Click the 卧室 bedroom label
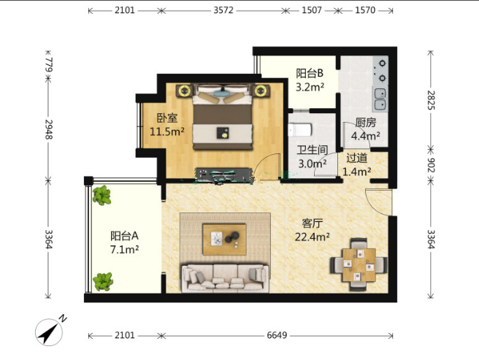(x=167, y=118)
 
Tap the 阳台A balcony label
(x=125, y=236)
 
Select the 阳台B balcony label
(x=310, y=73)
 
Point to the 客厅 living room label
(x=312, y=223)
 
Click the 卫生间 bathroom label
(x=313, y=150)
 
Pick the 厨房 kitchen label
(x=366, y=123)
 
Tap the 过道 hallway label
(x=357, y=158)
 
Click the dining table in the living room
(x=359, y=264)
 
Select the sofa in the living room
(x=226, y=278)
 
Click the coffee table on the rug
(x=225, y=240)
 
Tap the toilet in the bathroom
(x=299, y=130)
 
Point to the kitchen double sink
(x=380, y=99)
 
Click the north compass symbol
(x=50, y=331)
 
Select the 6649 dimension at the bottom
(x=277, y=336)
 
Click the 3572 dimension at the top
(x=223, y=10)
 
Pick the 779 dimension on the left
(x=49, y=65)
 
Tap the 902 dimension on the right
(x=431, y=165)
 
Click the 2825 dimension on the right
(x=431, y=100)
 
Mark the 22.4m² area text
(x=313, y=237)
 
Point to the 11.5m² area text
(x=167, y=131)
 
